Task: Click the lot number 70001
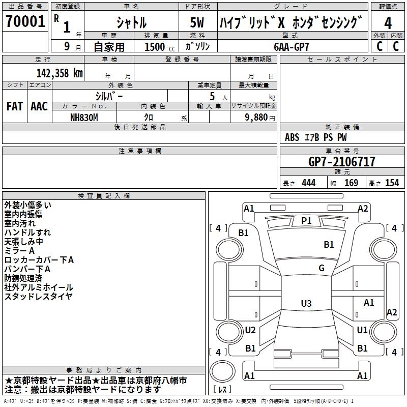(25, 21)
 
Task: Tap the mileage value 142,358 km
(60, 73)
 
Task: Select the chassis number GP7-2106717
(341, 162)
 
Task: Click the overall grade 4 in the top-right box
(388, 23)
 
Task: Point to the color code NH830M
(84, 118)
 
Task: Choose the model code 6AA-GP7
(291, 47)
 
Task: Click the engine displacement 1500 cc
(160, 47)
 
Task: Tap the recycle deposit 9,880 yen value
(260, 118)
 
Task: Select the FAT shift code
(15, 106)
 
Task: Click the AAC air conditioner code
(39, 106)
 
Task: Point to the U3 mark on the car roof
(306, 303)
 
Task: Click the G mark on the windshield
(322, 268)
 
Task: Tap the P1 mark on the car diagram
(306, 221)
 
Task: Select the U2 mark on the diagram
(250, 330)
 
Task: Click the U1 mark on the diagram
(362, 330)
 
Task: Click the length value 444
(309, 183)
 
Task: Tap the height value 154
(392, 183)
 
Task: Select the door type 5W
(197, 22)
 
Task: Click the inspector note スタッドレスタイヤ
(39, 297)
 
